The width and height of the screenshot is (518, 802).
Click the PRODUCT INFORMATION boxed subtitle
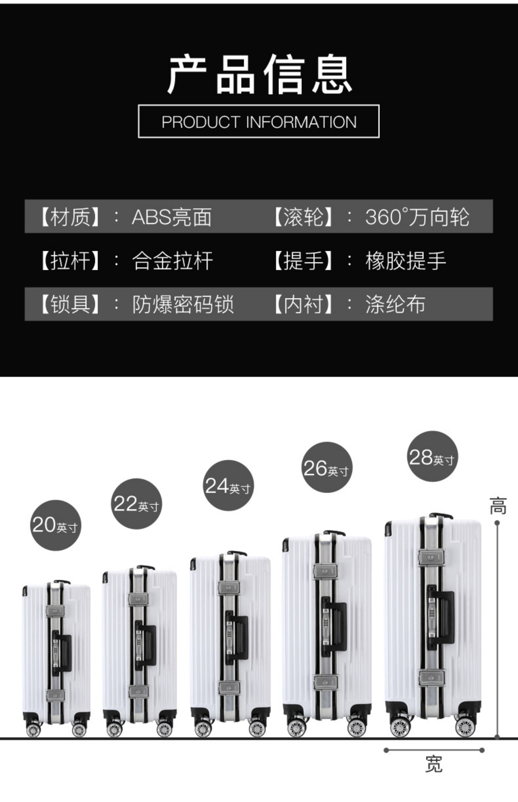pyautogui.click(x=259, y=121)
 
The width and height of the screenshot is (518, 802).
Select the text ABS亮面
pyautogui.click(x=171, y=217)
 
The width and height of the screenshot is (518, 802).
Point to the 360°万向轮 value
pyautogui.click(x=417, y=217)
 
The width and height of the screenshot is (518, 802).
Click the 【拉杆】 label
pyautogui.click(x=70, y=261)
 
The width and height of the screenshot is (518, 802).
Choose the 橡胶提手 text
pyautogui.click(x=406, y=261)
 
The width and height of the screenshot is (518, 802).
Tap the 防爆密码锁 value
pyautogui.click(x=183, y=304)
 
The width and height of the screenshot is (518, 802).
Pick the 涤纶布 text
pyautogui.click(x=395, y=304)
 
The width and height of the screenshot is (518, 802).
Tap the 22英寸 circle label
pyautogui.click(x=136, y=504)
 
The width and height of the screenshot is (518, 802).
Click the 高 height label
pyautogui.click(x=498, y=506)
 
